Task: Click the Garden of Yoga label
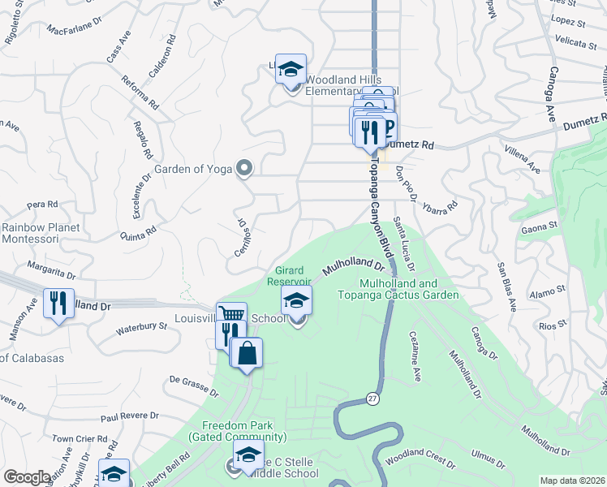pyautogui.click(x=193, y=170)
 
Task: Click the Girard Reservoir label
pyautogui.click(x=290, y=276)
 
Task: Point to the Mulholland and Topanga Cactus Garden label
pyautogui.click(x=411, y=289)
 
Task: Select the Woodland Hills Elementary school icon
pyautogui.click(x=291, y=70)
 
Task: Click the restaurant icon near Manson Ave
pyautogui.click(x=58, y=304)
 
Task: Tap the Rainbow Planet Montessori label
pyautogui.click(x=41, y=233)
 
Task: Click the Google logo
pyautogui.click(x=27, y=478)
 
